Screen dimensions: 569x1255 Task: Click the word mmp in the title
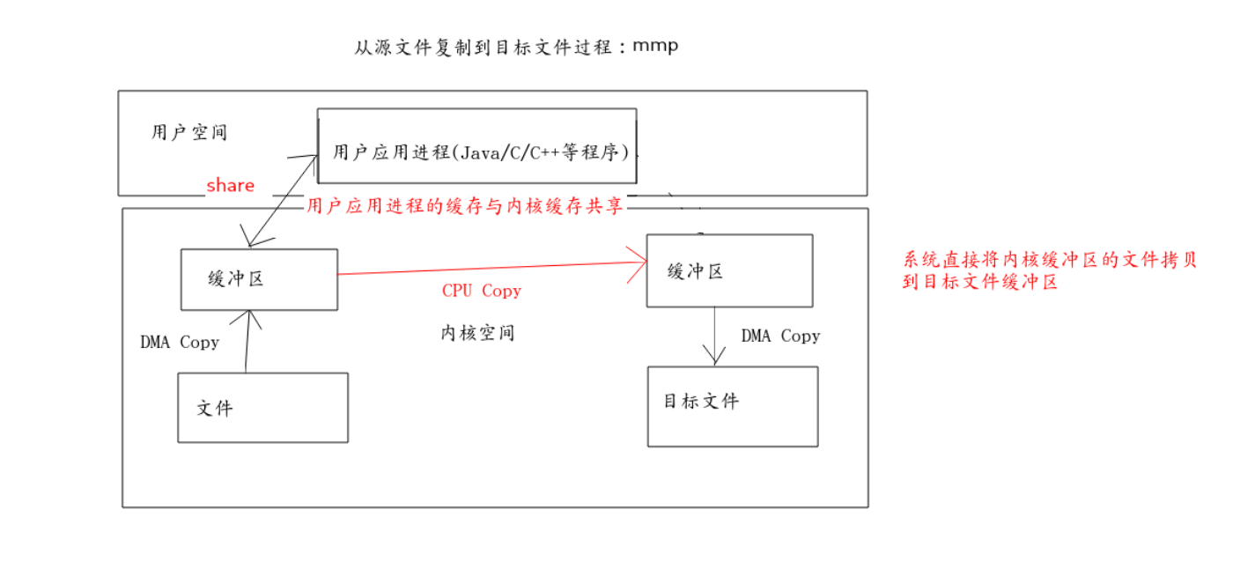tap(655, 46)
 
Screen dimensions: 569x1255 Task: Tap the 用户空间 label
tap(189, 133)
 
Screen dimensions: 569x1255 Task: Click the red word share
tap(231, 185)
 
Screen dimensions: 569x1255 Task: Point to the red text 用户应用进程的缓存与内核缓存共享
tap(465, 206)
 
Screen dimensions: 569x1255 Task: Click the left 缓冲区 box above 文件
tap(259, 279)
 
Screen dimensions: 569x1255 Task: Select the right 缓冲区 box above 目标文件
tap(729, 270)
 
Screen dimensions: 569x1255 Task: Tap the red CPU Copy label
tap(481, 291)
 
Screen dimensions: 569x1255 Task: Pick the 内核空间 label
tap(477, 333)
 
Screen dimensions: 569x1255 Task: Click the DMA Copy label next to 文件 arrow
tap(180, 342)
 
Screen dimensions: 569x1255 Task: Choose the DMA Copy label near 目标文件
tap(780, 336)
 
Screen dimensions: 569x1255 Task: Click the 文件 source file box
tap(262, 407)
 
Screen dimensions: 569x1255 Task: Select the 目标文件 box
tap(733, 406)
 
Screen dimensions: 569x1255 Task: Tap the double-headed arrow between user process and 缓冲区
tap(282, 201)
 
